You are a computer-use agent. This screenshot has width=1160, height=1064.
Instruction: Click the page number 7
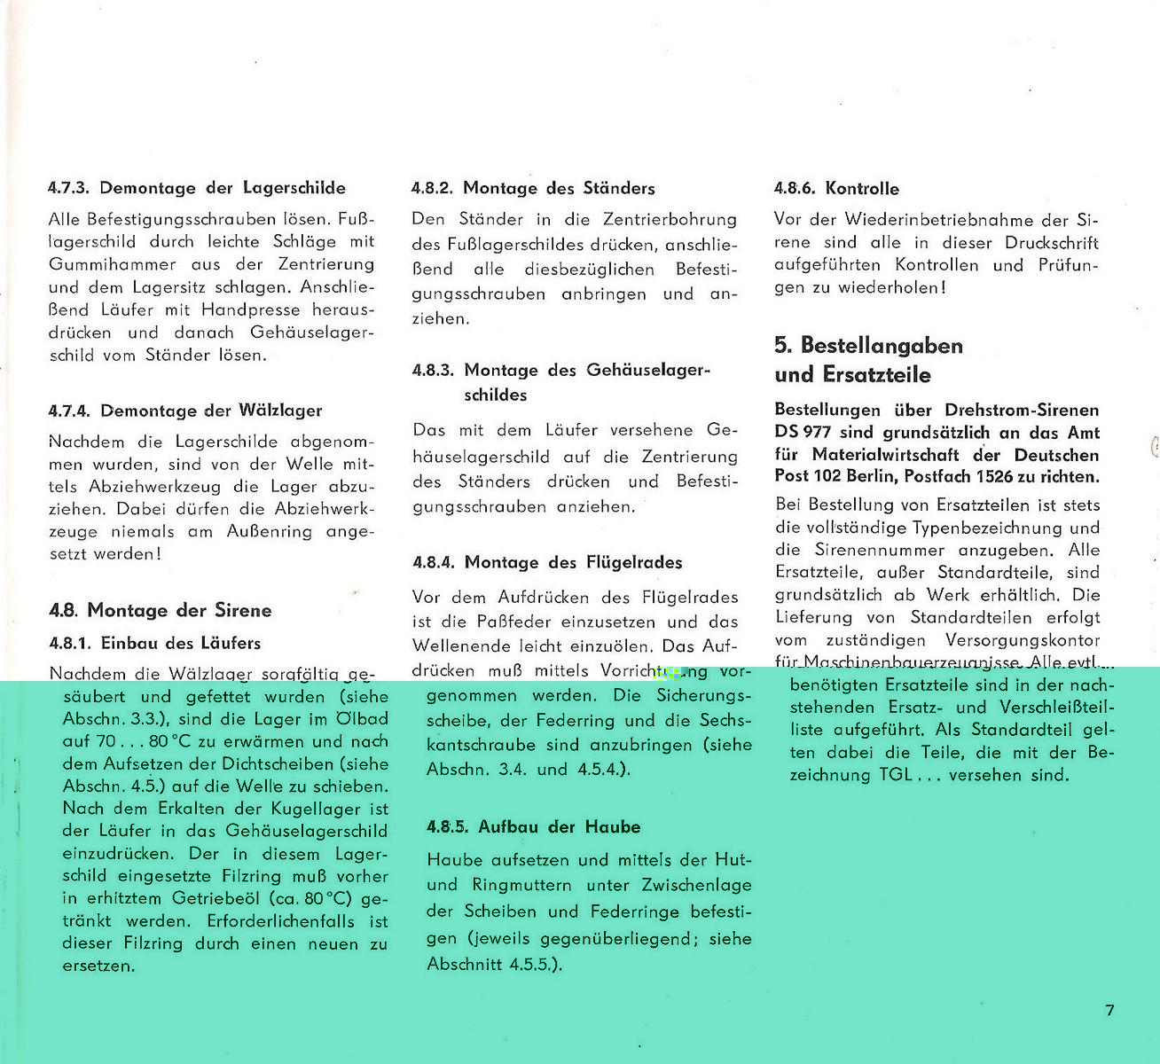[x=1109, y=1010]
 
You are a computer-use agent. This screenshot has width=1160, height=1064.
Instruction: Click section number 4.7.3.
[x=69, y=188]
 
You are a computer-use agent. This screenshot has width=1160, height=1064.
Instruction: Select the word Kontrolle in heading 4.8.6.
[x=861, y=188]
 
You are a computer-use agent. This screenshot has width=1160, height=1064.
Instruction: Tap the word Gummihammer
[x=113, y=264]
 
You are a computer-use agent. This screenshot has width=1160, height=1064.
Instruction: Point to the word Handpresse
[x=252, y=309]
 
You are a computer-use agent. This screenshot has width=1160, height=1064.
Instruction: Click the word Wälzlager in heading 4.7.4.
[x=280, y=411]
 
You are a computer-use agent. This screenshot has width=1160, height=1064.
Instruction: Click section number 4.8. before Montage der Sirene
[x=64, y=610]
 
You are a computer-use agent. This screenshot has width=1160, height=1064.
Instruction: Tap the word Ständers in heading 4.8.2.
[x=619, y=188]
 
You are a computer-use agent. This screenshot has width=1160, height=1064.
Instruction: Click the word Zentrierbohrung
[x=670, y=219]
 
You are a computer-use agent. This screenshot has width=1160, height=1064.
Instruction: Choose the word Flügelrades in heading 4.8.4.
[x=634, y=562]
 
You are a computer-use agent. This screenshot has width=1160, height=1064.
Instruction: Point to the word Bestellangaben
[x=881, y=345]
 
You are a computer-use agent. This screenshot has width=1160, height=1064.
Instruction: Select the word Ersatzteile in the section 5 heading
[x=878, y=374]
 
